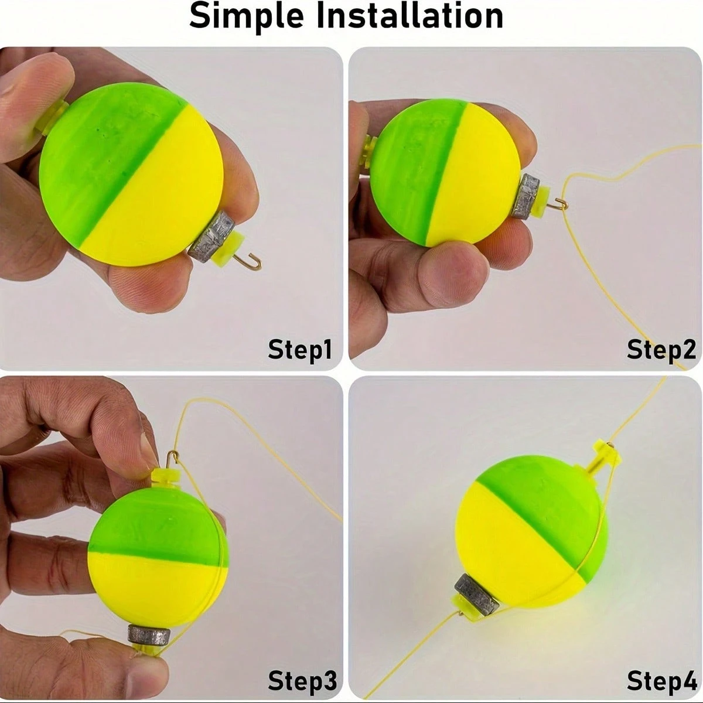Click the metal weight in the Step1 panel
click(211, 234)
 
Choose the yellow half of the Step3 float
click(152, 586)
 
